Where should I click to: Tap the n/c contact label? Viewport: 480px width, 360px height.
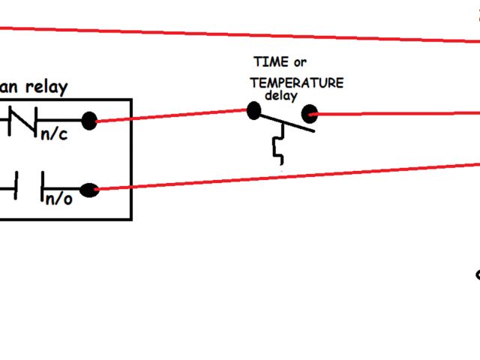coord(53,135)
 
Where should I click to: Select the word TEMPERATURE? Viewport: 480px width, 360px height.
coord(297,82)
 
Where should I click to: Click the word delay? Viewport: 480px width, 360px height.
coord(281,96)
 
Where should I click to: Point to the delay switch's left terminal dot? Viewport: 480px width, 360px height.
coord(253,112)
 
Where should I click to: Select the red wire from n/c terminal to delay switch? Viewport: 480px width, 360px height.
coord(172,116)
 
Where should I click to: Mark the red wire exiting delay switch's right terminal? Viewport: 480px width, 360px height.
coord(397,114)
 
